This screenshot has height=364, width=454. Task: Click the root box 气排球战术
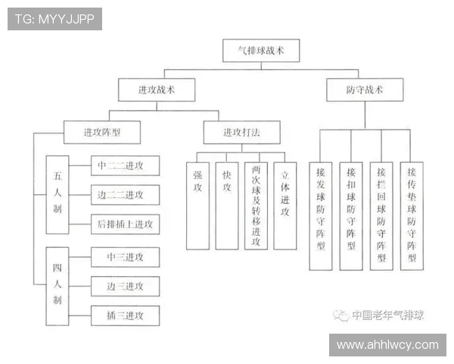[262, 51]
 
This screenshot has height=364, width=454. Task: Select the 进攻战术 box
[156, 90]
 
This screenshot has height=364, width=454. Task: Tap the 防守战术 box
[364, 90]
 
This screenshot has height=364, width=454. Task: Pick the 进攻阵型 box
[101, 132]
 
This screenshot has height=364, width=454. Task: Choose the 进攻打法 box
[241, 132]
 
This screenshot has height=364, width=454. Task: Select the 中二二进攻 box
[126, 165]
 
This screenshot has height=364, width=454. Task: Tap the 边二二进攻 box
[126, 194]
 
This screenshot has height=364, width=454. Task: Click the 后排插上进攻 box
[126, 224]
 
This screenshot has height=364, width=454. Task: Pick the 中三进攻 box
[126, 257]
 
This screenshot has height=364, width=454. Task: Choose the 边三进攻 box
[126, 286]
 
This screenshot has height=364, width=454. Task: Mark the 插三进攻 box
[126, 315]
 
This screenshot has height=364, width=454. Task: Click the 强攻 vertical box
[197, 206]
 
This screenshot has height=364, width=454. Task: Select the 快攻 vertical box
[227, 206]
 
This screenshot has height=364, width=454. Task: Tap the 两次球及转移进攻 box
[256, 206]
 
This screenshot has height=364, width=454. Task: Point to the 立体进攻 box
[285, 206]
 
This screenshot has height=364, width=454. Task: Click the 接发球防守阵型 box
[321, 215]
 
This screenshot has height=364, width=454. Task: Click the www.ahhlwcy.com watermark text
[387, 345]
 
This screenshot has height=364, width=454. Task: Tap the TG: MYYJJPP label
[54, 19]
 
